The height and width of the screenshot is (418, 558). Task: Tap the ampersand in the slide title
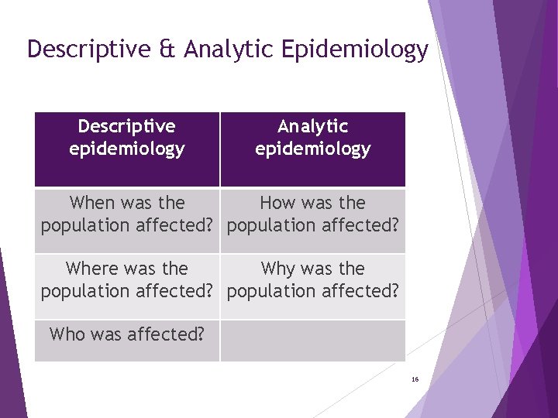(167, 50)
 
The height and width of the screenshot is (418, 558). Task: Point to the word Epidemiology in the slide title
(355, 50)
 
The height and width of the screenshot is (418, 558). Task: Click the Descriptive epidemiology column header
(127, 137)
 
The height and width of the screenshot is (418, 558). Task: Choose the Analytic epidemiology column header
(313, 137)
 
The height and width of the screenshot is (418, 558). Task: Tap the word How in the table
(277, 203)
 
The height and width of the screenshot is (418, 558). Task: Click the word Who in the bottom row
(67, 334)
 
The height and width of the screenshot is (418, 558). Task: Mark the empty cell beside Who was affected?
(312, 341)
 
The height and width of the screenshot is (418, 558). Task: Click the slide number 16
(415, 379)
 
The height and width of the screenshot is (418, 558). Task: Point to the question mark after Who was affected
(200, 334)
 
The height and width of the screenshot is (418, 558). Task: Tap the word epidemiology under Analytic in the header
(313, 149)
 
